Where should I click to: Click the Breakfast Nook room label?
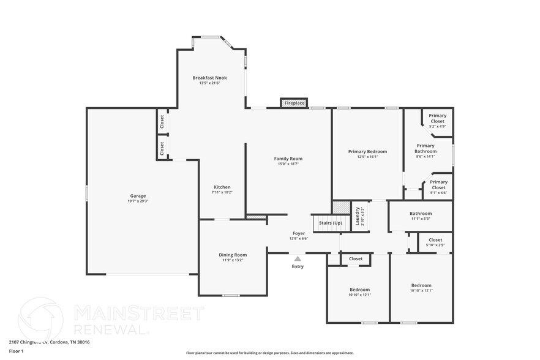pyautogui.click(x=209, y=78)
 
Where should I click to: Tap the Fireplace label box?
pyautogui.click(x=294, y=103)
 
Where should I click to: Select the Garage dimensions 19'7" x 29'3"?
pyautogui.click(x=138, y=201)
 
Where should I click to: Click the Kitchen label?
pyautogui.click(x=222, y=187)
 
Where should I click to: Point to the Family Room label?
pyautogui.click(x=288, y=159)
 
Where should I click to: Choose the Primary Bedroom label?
pyautogui.click(x=367, y=151)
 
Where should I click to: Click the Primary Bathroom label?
pyautogui.click(x=425, y=148)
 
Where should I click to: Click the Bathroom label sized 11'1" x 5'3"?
pyautogui.click(x=421, y=214)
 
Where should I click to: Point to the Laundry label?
pyautogui.click(x=358, y=217)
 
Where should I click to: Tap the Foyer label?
pyautogui.click(x=298, y=233)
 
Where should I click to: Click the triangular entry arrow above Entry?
pyautogui.click(x=298, y=259)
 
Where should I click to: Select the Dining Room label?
pyautogui.click(x=233, y=255)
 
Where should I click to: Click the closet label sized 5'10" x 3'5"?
pyautogui.click(x=435, y=240)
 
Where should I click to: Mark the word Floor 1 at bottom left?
pyautogui.click(x=17, y=351)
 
